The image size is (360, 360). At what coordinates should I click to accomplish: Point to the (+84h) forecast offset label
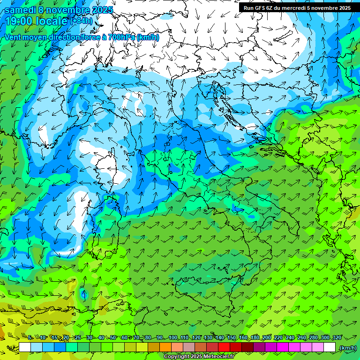81,21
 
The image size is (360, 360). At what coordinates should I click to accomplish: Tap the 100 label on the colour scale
173,337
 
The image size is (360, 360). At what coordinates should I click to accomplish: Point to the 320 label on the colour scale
337,337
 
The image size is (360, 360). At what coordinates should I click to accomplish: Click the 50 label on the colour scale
113,337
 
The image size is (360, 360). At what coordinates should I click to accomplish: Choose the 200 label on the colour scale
267,337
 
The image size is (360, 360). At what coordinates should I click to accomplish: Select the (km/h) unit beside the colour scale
348,348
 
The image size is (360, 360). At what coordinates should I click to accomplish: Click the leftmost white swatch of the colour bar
25,347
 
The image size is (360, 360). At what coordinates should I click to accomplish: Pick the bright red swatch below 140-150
224,347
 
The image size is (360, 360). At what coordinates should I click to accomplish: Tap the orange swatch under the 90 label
165,347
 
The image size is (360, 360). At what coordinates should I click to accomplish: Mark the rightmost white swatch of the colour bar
330,347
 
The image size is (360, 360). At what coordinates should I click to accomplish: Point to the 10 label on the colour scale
43,337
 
